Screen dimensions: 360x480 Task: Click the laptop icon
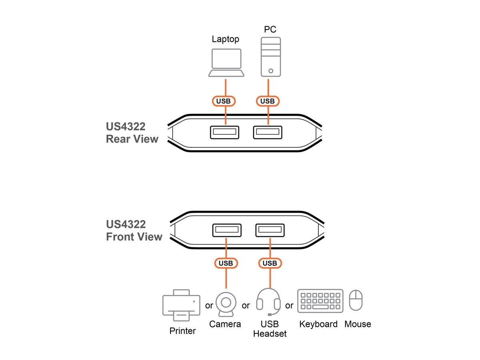click(x=226, y=62)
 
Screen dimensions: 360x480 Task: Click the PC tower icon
click(x=271, y=57)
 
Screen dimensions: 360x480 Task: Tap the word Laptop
click(x=226, y=39)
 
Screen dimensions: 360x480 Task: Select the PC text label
click(x=270, y=29)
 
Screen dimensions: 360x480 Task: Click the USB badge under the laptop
click(x=224, y=101)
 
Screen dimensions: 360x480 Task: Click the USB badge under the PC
click(x=268, y=101)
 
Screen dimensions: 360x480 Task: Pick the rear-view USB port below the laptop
click(x=224, y=132)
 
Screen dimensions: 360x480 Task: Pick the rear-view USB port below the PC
click(x=268, y=132)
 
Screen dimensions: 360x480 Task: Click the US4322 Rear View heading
click(x=132, y=133)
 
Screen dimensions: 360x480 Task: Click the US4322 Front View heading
click(x=134, y=230)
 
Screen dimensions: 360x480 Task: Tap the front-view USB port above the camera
click(x=226, y=230)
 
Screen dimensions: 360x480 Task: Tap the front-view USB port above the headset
click(x=270, y=230)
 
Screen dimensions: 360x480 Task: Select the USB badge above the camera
click(x=226, y=263)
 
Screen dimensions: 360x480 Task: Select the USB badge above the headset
click(x=270, y=263)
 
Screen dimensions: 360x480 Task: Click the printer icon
click(x=181, y=305)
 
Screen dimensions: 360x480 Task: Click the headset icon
click(x=268, y=302)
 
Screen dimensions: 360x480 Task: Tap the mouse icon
click(x=356, y=301)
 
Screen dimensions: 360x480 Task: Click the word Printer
click(x=182, y=331)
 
